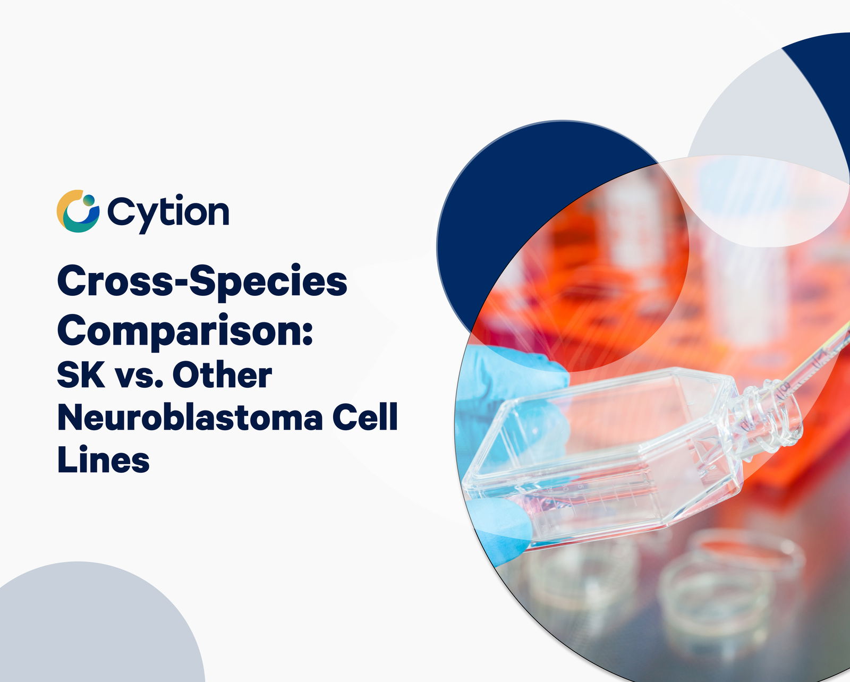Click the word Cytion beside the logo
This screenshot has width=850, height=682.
(168, 213)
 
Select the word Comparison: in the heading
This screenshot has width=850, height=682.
(185, 330)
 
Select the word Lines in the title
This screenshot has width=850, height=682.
(104, 459)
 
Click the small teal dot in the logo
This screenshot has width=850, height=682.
(89, 201)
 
